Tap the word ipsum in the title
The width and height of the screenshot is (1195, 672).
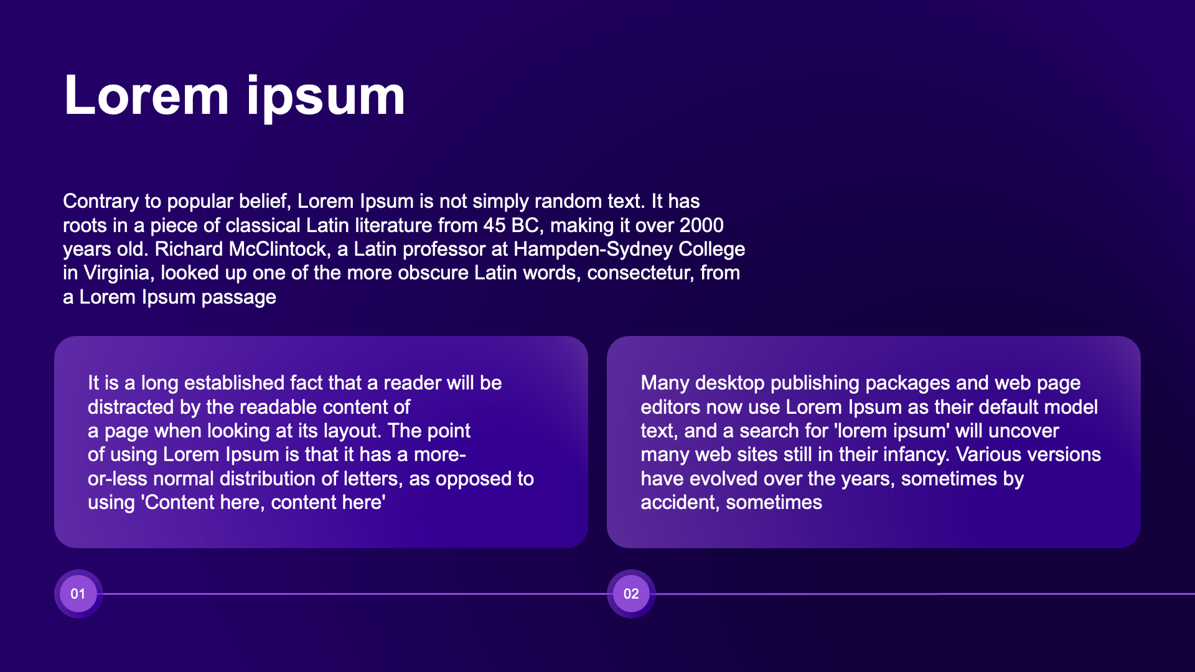pos(326,98)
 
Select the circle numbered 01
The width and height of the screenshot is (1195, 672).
pos(78,594)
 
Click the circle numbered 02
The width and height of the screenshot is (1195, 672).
pos(631,594)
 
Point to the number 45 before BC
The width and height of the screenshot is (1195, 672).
pos(495,225)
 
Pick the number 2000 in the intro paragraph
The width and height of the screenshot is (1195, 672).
pos(701,225)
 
